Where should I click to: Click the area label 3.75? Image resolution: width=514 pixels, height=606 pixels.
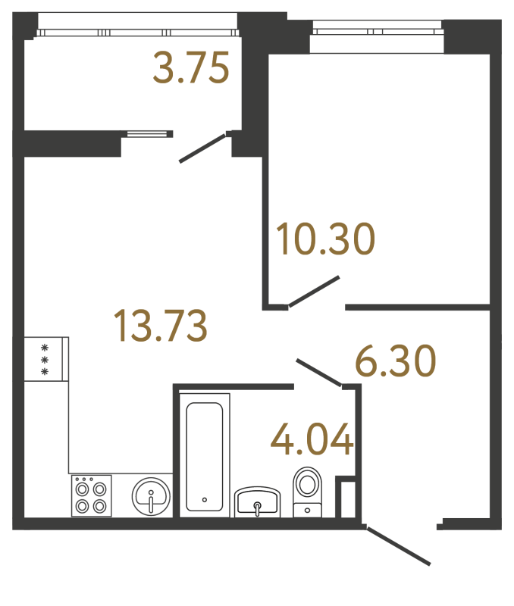click(x=190, y=70)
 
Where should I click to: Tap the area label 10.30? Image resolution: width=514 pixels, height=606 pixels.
click(x=325, y=239)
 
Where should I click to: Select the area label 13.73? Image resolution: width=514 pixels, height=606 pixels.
click(x=159, y=326)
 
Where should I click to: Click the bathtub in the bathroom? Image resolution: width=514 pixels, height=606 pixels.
click(x=205, y=455)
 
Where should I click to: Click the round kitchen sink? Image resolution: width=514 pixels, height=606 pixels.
click(x=152, y=497)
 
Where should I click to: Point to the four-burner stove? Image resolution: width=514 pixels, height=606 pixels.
click(x=92, y=496)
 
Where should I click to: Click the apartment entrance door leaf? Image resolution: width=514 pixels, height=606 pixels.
click(x=397, y=545)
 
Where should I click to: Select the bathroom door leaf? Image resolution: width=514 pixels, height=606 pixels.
click(x=318, y=373)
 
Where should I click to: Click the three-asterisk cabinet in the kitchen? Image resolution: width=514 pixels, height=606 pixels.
click(x=45, y=359)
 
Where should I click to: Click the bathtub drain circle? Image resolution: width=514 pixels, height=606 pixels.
click(x=205, y=500)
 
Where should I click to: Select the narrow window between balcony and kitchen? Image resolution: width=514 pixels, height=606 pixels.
click(x=147, y=133)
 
